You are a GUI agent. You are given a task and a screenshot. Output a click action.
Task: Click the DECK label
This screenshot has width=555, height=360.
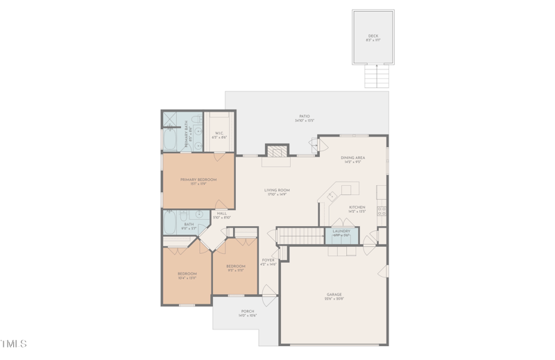coord(373,36)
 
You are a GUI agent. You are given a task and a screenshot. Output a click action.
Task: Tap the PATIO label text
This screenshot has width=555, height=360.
coord(305,117)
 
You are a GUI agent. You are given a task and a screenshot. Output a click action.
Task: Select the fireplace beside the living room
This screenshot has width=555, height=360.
coord(277,151)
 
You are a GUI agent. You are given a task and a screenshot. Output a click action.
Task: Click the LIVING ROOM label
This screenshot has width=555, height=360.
coord(277,190)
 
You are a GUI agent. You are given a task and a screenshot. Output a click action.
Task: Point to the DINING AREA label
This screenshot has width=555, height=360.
coord(352,158)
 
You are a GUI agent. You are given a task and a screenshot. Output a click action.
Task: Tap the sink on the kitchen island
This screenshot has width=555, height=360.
coord(332,196)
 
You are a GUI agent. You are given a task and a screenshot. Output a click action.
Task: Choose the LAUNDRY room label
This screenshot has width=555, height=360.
coord(341,231)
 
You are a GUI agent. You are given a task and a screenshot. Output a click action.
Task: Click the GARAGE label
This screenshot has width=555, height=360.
coord(334,295)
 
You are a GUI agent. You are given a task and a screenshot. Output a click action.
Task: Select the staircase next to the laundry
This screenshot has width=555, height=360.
coord(291,236)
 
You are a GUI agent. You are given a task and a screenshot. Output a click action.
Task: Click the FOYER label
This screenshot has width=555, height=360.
coord(268,260)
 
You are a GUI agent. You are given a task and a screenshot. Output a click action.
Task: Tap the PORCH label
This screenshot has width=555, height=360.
coord(248,311)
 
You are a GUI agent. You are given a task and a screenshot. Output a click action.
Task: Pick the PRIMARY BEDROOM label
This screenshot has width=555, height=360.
coord(198,180)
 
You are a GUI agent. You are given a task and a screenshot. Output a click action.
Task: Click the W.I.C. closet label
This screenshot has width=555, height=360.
coord(219,134)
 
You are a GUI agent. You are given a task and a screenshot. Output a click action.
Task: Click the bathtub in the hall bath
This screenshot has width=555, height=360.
coord(170,223)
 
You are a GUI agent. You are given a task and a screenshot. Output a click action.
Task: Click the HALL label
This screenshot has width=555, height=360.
coord(222,214)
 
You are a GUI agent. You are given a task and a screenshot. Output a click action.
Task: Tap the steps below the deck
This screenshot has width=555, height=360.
coord(375,76)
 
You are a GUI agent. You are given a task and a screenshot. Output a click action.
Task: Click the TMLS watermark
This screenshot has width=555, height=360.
coord(14,344)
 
